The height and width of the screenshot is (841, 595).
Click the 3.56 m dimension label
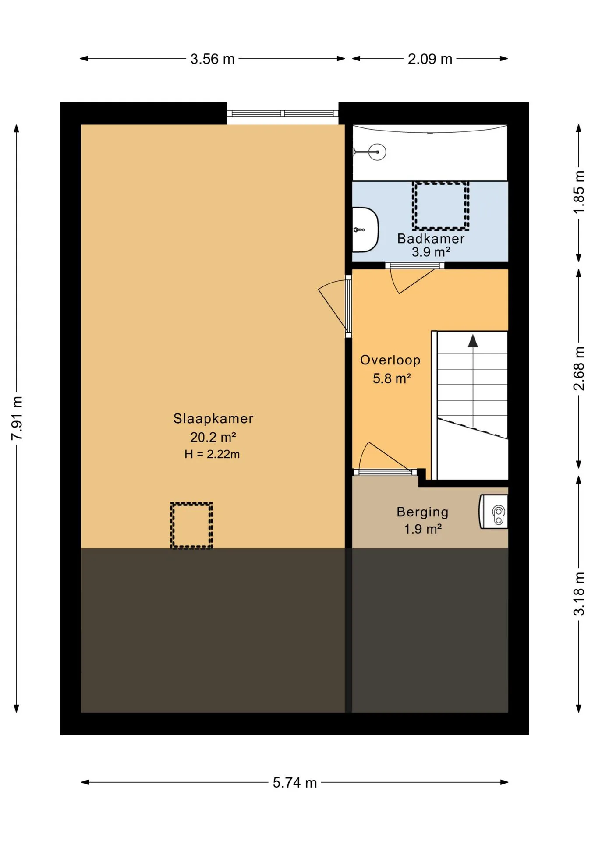(212, 59)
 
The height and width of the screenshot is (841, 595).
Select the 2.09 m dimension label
(430, 59)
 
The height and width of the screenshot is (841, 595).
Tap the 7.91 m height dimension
(17, 418)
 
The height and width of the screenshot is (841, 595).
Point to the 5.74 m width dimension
(294, 782)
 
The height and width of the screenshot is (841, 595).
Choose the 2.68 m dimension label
(579, 368)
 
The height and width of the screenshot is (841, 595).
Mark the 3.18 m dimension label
(579, 594)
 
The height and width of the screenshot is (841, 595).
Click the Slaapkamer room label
(213, 418)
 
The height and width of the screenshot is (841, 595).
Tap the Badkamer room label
(431, 238)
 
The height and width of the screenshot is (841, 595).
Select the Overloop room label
(390, 360)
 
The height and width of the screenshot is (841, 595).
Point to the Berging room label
(422, 512)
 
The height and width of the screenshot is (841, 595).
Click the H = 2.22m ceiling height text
(212, 454)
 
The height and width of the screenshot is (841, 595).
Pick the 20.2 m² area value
(213, 437)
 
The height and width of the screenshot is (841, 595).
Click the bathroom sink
(365, 230)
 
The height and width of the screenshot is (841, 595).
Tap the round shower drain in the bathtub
(377, 152)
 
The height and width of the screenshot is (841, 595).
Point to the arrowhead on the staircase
(473, 341)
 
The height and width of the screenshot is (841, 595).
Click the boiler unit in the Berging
(494, 512)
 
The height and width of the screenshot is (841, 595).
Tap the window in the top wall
(283, 113)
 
